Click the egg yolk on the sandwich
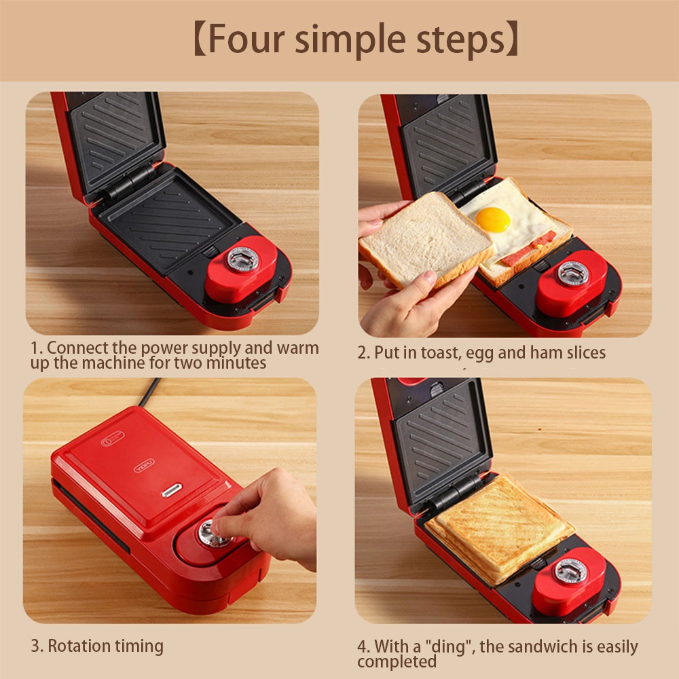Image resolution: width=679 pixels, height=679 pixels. [492, 219]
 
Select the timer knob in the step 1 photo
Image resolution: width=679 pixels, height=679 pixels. [242, 259]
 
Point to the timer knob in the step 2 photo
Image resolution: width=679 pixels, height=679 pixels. [572, 272]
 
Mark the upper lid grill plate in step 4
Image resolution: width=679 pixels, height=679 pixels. [441, 435]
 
